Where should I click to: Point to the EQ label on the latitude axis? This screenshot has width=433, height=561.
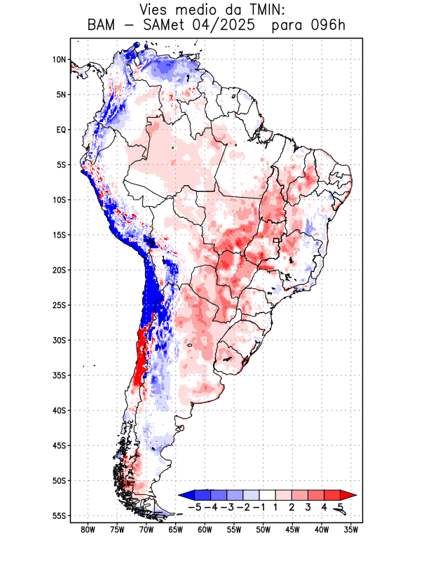tap(60, 130)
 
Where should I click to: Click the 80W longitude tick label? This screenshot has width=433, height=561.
tap(88, 530)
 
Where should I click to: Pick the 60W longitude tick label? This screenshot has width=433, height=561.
tap(205, 530)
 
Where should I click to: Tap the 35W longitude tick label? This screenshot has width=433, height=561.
tap(351, 530)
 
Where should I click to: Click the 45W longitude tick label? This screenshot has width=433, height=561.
tap(292, 530)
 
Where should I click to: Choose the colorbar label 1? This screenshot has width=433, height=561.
tap(275, 506)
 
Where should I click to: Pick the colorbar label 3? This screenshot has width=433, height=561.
tap(308, 506)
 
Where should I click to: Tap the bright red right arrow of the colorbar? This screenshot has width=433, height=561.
tap(348, 494)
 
